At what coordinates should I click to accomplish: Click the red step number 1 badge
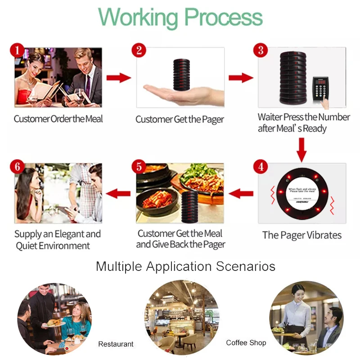pos(17,50)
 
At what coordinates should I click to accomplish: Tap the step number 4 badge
pos(261,166)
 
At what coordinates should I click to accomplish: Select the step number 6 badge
pos(17,166)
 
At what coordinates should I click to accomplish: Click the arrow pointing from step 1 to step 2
pos(118,77)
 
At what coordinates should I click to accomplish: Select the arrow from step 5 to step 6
pos(118,194)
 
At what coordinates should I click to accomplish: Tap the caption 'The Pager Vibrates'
pos(302,235)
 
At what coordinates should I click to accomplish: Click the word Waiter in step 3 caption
pos(270,117)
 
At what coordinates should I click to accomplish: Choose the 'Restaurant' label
pos(116,344)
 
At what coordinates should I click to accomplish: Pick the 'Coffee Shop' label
pos(246,343)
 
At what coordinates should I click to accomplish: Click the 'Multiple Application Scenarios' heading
pos(185,266)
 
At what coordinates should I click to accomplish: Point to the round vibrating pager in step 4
pos(301,193)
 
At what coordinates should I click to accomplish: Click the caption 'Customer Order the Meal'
pos(58,119)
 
